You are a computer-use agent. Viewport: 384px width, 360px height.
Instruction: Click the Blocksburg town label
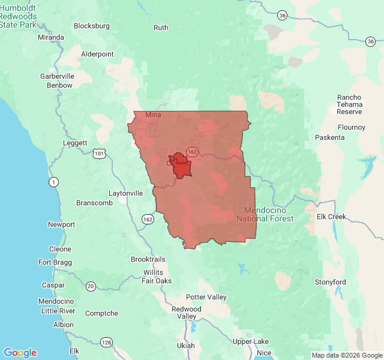tap(92, 26)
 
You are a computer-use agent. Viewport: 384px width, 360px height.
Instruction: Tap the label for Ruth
tap(161, 28)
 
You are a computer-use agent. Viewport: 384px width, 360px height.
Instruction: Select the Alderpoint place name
tap(97, 54)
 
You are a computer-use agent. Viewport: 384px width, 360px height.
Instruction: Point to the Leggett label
tap(75, 143)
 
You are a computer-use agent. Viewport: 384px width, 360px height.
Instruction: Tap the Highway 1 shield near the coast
tap(54, 181)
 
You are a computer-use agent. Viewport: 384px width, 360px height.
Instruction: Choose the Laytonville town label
tap(125, 194)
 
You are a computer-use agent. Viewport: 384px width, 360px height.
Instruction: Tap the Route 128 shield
tap(106, 342)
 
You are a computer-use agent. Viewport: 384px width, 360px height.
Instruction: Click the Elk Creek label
tap(332, 217)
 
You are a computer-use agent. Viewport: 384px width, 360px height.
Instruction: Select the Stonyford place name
tap(331, 282)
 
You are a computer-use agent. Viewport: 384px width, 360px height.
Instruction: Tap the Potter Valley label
tap(206, 297)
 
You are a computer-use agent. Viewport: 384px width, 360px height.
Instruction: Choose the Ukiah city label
tap(185, 346)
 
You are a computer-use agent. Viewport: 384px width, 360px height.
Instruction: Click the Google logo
tap(20, 353)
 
